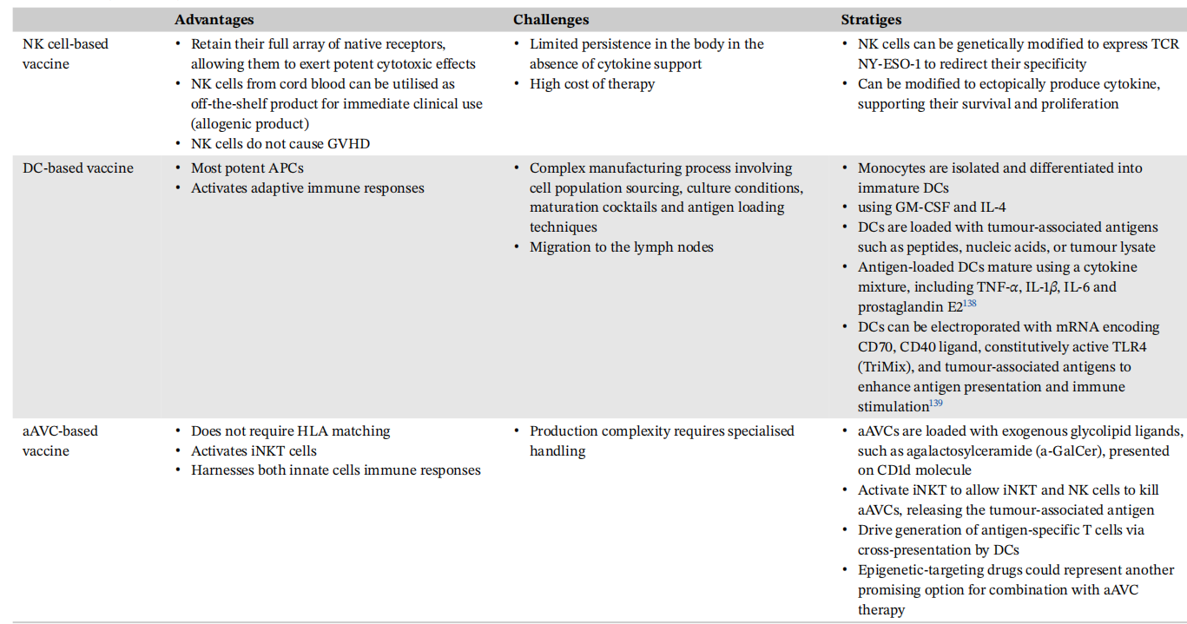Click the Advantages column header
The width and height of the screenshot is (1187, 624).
214,20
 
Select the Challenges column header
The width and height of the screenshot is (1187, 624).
551,20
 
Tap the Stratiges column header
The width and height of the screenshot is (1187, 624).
871,20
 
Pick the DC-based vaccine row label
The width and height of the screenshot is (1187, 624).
78,168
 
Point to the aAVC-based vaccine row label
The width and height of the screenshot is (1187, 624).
60,441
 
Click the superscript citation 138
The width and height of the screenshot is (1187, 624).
969,304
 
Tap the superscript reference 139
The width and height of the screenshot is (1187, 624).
936,404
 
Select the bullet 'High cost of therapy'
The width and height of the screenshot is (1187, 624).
592,84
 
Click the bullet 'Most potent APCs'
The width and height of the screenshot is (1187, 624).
247,168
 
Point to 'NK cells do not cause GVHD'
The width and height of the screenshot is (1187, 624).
280,144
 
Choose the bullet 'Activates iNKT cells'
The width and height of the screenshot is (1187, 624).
254,451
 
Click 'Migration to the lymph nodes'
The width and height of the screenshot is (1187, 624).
621,247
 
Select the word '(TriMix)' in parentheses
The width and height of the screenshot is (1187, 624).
886,367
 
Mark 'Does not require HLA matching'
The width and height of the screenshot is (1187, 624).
290,431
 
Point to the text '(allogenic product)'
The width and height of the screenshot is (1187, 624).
250,124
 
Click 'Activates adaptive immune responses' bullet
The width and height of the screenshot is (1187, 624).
307,188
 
